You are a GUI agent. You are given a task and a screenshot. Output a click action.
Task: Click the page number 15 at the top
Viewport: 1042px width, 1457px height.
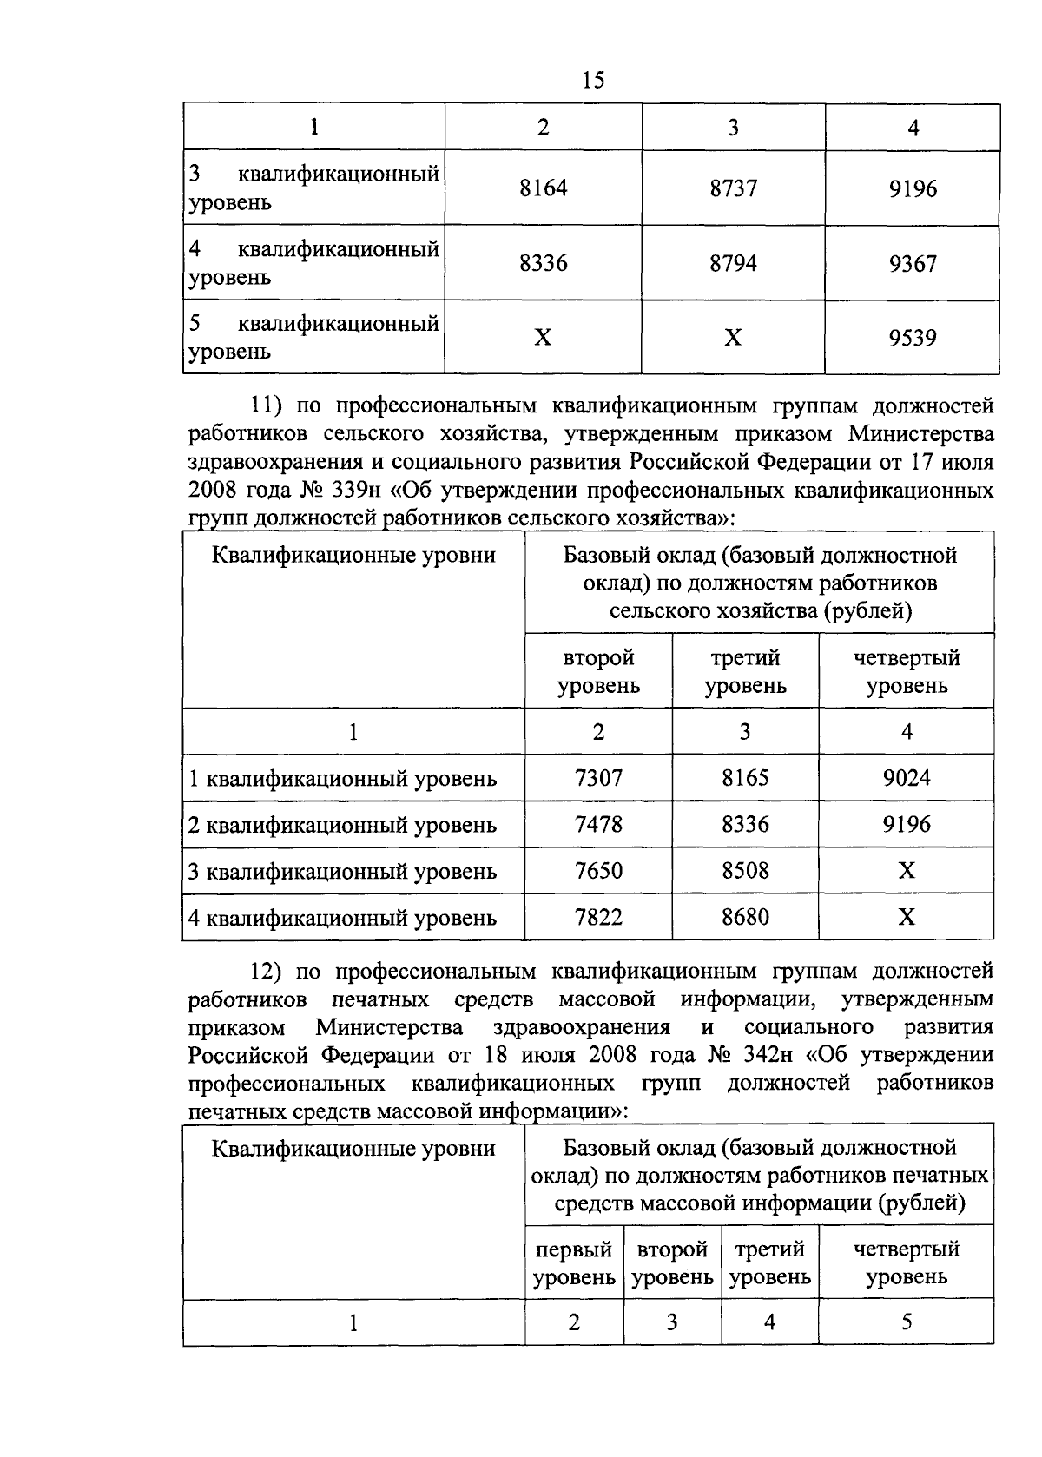tap(594, 81)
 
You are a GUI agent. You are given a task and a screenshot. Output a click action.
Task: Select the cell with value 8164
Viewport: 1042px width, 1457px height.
tap(543, 188)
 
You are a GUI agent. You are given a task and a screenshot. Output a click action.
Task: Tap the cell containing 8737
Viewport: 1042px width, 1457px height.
tap(733, 188)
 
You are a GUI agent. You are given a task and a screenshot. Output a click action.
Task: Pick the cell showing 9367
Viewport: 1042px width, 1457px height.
tap(913, 263)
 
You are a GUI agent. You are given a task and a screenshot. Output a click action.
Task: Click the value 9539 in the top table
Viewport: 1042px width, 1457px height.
tap(913, 337)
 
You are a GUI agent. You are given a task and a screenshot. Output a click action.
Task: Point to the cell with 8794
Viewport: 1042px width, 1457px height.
tap(733, 263)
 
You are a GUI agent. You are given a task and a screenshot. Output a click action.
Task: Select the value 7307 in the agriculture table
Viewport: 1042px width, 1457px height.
tap(598, 777)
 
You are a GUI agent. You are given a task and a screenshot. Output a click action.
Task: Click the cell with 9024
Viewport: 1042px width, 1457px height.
tap(907, 777)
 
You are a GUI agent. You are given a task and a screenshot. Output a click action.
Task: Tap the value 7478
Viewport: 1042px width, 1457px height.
tap(598, 824)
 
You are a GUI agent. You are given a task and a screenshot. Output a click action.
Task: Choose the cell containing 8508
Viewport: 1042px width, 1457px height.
tap(745, 870)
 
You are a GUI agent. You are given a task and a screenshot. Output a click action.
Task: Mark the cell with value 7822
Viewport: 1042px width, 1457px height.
tap(598, 917)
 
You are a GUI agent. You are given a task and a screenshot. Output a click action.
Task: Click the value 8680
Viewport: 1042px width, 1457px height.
tap(745, 917)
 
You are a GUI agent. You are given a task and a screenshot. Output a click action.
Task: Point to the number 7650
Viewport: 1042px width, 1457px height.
tap(598, 870)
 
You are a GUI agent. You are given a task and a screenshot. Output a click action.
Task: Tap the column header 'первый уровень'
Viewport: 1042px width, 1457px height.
tap(574, 1263)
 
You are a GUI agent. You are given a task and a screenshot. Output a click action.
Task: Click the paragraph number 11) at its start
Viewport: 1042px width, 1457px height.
tap(267, 405)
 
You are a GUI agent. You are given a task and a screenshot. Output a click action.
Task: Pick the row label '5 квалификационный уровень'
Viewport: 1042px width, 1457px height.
tap(313, 338)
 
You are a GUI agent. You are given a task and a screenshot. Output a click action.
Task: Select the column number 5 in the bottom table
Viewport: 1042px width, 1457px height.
tap(907, 1322)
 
